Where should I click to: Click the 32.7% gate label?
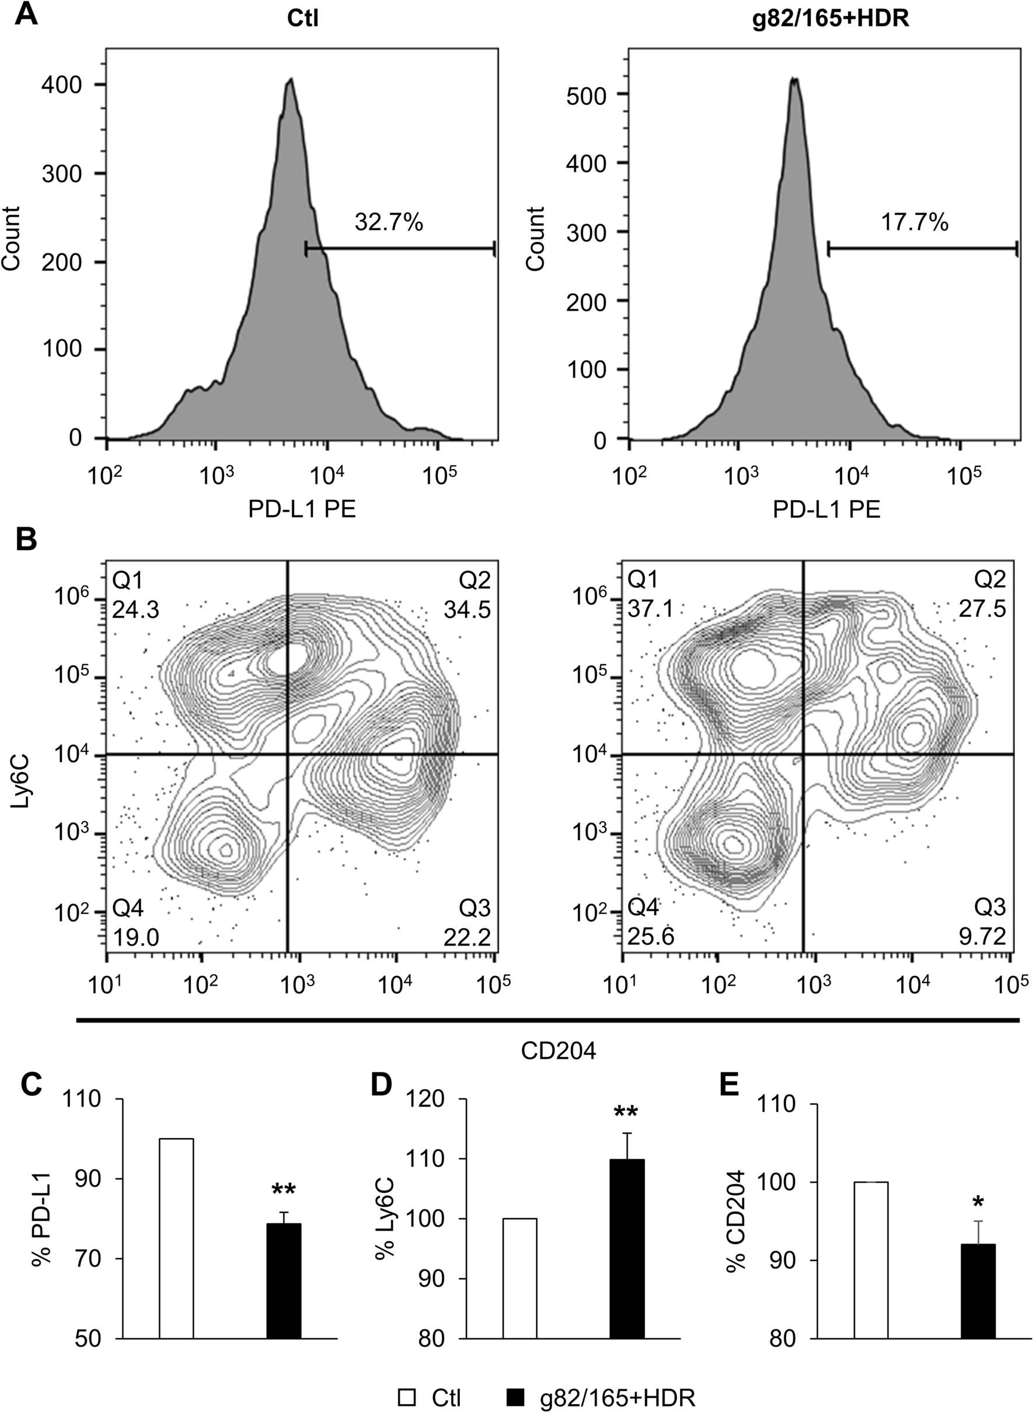389,222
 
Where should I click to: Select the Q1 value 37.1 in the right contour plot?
650,608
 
